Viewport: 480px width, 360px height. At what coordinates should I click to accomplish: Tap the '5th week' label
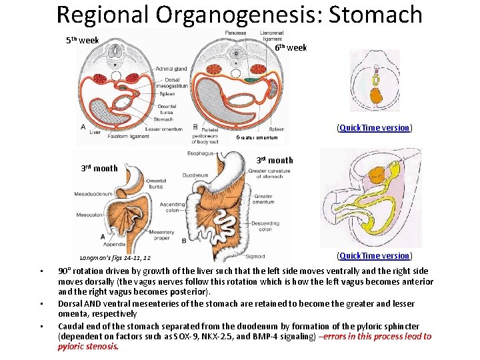point(82,41)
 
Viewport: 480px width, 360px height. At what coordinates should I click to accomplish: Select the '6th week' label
point(291,47)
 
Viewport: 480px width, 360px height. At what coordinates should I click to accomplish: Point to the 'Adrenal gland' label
point(171,69)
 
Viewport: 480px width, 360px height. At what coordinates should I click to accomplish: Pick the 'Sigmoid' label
point(255,256)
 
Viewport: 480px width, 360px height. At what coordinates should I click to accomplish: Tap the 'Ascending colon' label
point(173,207)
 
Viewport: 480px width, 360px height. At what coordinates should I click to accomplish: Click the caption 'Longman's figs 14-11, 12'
point(115,257)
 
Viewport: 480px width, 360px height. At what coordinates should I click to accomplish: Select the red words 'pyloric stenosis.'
point(88,346)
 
